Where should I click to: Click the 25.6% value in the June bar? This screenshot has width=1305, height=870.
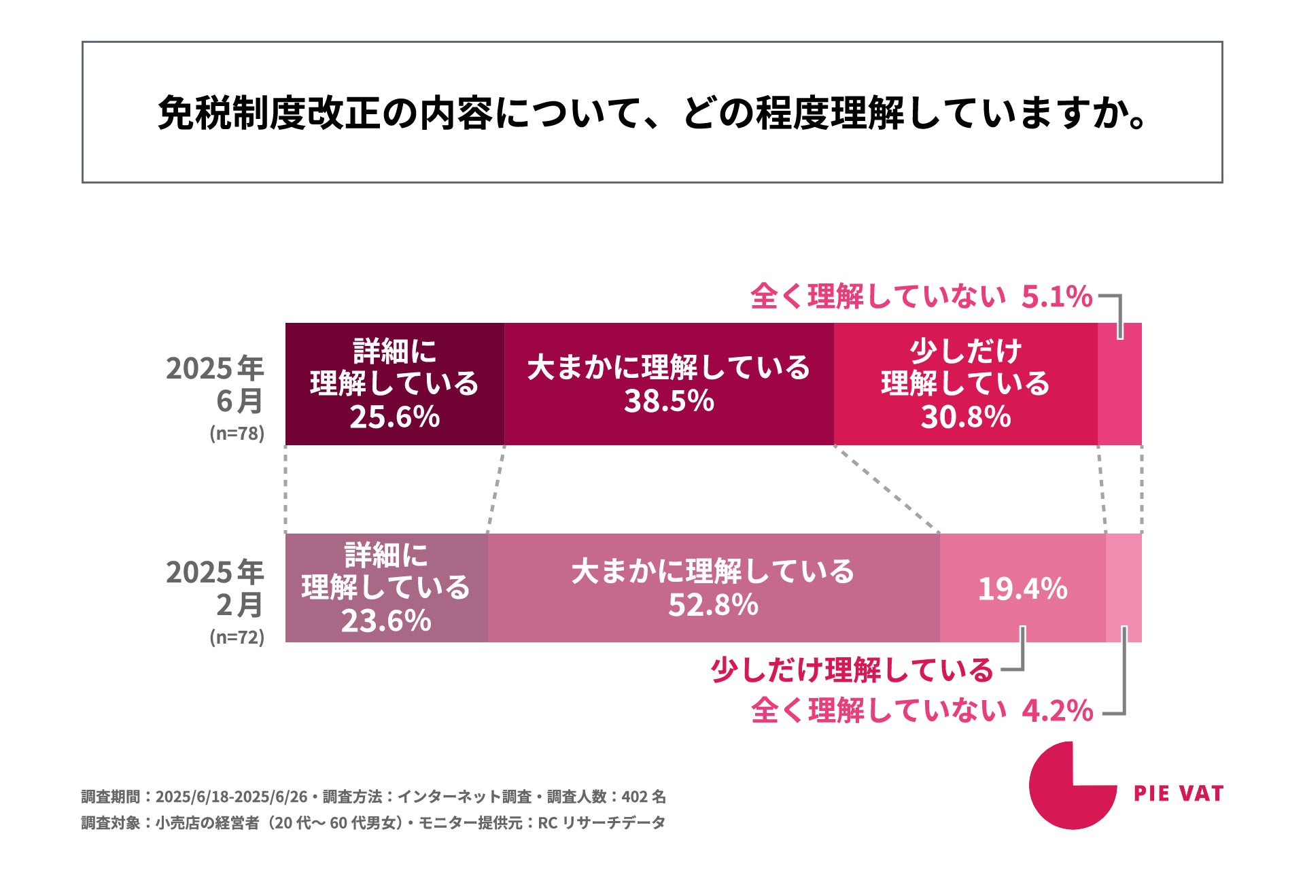click(x=395, y=417)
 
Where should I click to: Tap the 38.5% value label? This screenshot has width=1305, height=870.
click(x=669, y=400)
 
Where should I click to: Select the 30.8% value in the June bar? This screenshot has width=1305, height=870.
click(x=966, y=417)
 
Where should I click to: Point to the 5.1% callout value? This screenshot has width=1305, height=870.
click(x=1057, y=296)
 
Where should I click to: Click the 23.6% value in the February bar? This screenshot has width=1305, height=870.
click(x=386, y=621)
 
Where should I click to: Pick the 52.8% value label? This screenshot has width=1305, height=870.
click(x=713, y=604)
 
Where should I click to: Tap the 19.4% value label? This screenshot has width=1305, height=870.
click(x=1023, y=589)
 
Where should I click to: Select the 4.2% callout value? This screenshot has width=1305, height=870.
click(x=1058, y=711)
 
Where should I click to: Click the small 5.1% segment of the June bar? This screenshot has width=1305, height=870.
click(x=1120, y=384)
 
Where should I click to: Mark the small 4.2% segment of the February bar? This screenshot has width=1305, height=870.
click(x=1124, y=588)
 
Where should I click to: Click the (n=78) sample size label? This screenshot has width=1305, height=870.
click(x=237, y=434)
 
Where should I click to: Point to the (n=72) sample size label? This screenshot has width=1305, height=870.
click(x=237, y=638)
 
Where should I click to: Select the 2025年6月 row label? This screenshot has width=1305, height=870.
click(x=215, y=385)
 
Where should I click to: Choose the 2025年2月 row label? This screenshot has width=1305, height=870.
click(x=215, y=589)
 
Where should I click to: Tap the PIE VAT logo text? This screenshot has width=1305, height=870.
click(x=1179, y=793)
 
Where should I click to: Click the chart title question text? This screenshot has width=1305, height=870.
click(x=652, y=113)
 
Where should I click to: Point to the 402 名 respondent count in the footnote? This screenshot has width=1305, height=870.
click(x=644, y=797)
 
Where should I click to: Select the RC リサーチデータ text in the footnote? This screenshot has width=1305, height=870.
click(x=602, y=823)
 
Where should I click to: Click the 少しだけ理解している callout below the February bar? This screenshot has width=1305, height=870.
click(x=852, y=670)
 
